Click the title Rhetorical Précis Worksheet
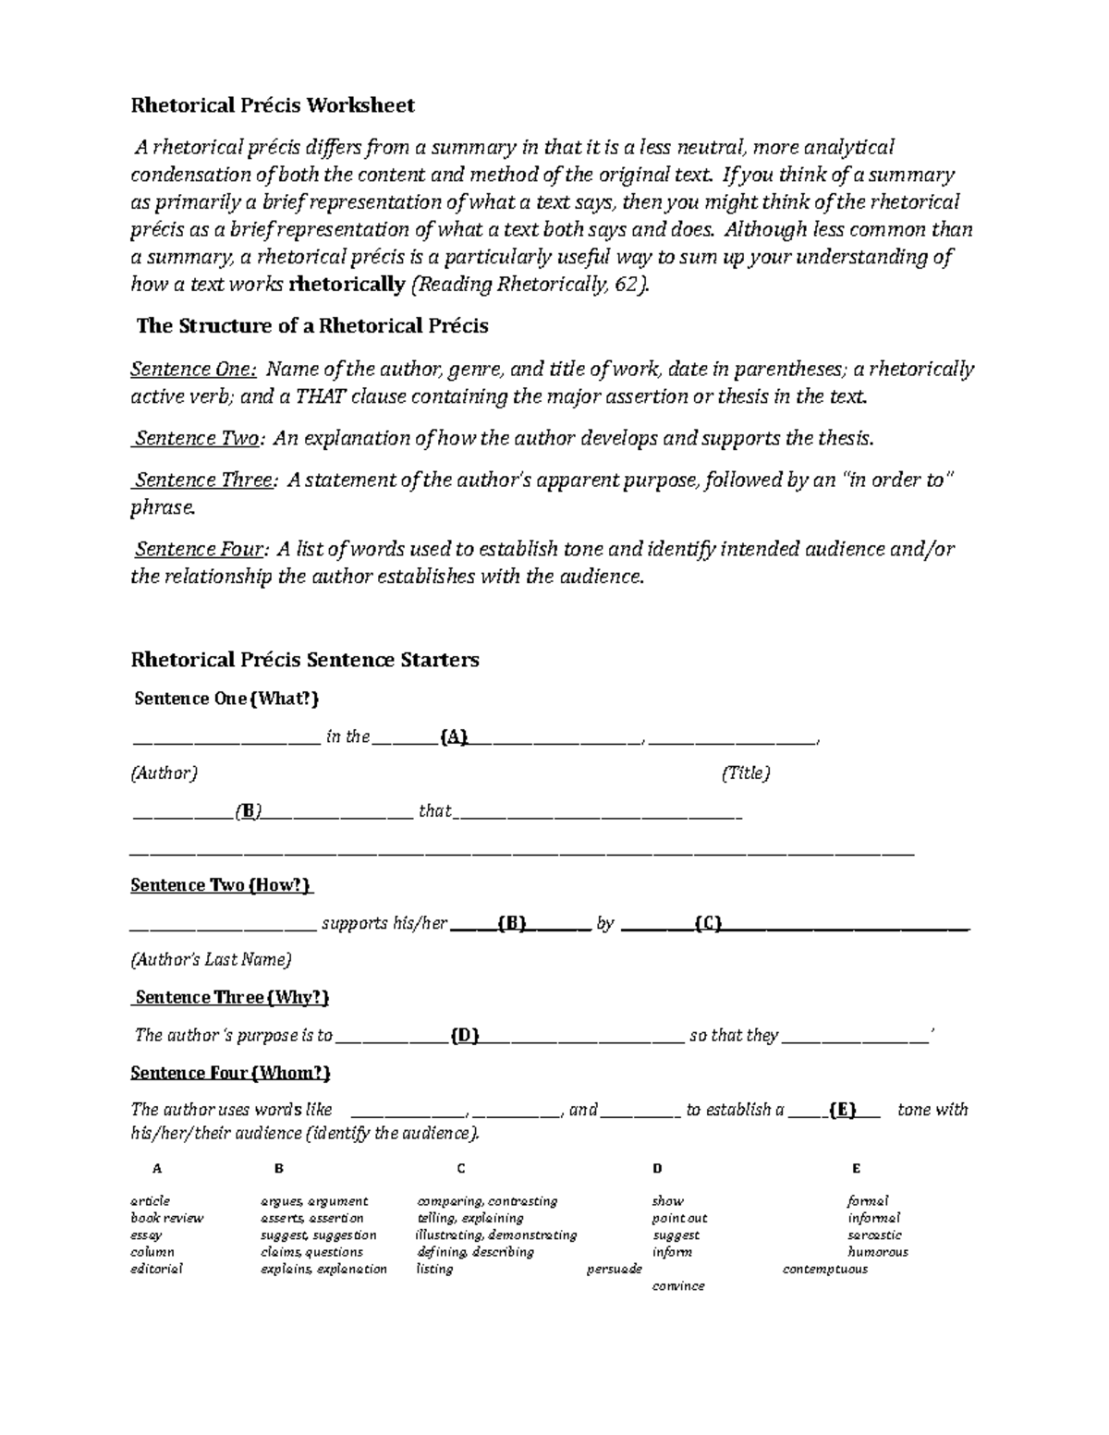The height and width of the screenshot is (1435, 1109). (273, 105)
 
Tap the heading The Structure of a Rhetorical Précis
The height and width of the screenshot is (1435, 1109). (312, 326)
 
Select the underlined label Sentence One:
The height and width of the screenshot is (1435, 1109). (193, 370)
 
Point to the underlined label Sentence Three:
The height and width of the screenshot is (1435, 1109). (205, 480)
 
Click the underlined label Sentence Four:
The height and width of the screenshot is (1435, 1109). (202, 549)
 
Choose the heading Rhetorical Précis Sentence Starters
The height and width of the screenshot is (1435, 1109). (305, 660)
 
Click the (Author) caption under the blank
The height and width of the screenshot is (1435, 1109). (164, 772)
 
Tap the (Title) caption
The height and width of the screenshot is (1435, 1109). (745, 772)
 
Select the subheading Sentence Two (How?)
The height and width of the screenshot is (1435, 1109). (222, 885)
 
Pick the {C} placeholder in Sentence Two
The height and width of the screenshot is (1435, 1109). (708, 923)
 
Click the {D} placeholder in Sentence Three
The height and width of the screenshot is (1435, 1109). (464, 1035)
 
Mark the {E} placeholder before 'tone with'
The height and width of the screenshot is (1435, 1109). (843, 1110)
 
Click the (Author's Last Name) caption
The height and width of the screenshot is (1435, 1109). (211, 960)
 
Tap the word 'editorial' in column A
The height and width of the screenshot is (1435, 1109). (156, 1269)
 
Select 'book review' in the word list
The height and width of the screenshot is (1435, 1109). (166, 1218)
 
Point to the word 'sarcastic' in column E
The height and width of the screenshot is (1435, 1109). (874, 1234)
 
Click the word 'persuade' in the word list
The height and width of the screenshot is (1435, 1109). (614, 1269)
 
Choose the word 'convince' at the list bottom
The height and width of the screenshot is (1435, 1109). (678, 1285)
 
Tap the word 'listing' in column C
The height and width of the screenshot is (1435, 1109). (434, 1269)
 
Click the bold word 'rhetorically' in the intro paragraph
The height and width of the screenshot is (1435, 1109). (347, 285)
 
